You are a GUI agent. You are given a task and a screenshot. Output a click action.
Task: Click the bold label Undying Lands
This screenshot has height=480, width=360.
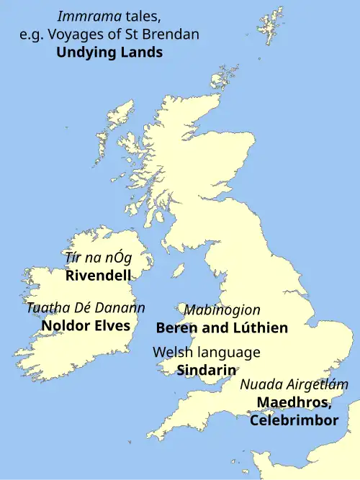[109, 53]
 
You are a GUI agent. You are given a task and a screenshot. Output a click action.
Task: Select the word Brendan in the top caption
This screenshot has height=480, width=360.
[174, 34]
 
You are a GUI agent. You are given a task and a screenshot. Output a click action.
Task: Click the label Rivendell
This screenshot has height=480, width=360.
[98, 275]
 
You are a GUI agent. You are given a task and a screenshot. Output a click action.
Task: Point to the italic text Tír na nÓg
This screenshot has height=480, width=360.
[98, 258]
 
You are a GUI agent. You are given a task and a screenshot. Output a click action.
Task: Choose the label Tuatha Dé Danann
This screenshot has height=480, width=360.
[86, 308]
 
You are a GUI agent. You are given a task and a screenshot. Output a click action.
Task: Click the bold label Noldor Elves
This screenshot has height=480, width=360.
[86, 325]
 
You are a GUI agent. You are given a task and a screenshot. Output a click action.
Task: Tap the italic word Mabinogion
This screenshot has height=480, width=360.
[222, 310]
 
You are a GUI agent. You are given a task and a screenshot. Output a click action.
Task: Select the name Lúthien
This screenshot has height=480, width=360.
[261, 328]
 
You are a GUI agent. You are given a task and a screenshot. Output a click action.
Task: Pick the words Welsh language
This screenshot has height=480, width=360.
[207, 353]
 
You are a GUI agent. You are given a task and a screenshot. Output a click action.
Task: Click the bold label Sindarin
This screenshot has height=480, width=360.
[207, 370]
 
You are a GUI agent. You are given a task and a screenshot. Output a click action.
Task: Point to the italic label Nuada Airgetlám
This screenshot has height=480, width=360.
[294, 385]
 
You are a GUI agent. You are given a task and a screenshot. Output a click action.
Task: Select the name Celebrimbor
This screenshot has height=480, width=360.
[294, 420]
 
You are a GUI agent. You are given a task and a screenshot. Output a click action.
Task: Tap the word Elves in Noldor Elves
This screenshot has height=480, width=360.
[112, 325]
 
